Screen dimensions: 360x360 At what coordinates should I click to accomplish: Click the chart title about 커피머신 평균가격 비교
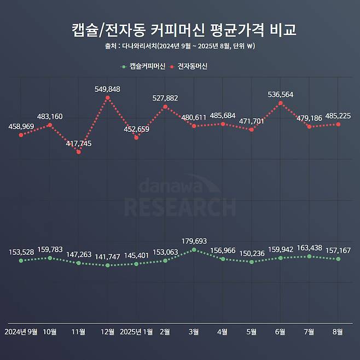184,29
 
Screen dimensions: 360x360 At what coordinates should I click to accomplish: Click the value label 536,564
281,95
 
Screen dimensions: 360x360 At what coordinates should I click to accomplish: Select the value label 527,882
165,98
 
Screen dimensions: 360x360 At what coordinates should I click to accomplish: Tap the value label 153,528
21,252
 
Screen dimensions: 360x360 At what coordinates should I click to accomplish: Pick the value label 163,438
310,248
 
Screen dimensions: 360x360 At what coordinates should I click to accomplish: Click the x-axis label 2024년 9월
21,332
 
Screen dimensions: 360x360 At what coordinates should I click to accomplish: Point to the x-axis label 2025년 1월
136,332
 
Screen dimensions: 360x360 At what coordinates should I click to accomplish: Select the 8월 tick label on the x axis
338,332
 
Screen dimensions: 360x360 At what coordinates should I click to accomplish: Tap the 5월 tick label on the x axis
252,332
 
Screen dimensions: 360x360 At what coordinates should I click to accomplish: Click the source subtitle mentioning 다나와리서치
180,46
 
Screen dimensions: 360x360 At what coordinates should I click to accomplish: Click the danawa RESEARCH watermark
180,198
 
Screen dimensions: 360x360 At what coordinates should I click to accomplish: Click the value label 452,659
136,130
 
